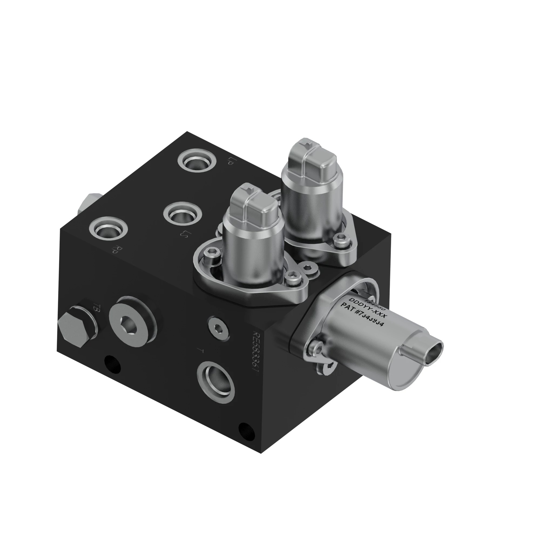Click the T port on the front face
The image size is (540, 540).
[x=215, y=381]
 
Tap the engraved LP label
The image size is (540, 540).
[x=230, y=161]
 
